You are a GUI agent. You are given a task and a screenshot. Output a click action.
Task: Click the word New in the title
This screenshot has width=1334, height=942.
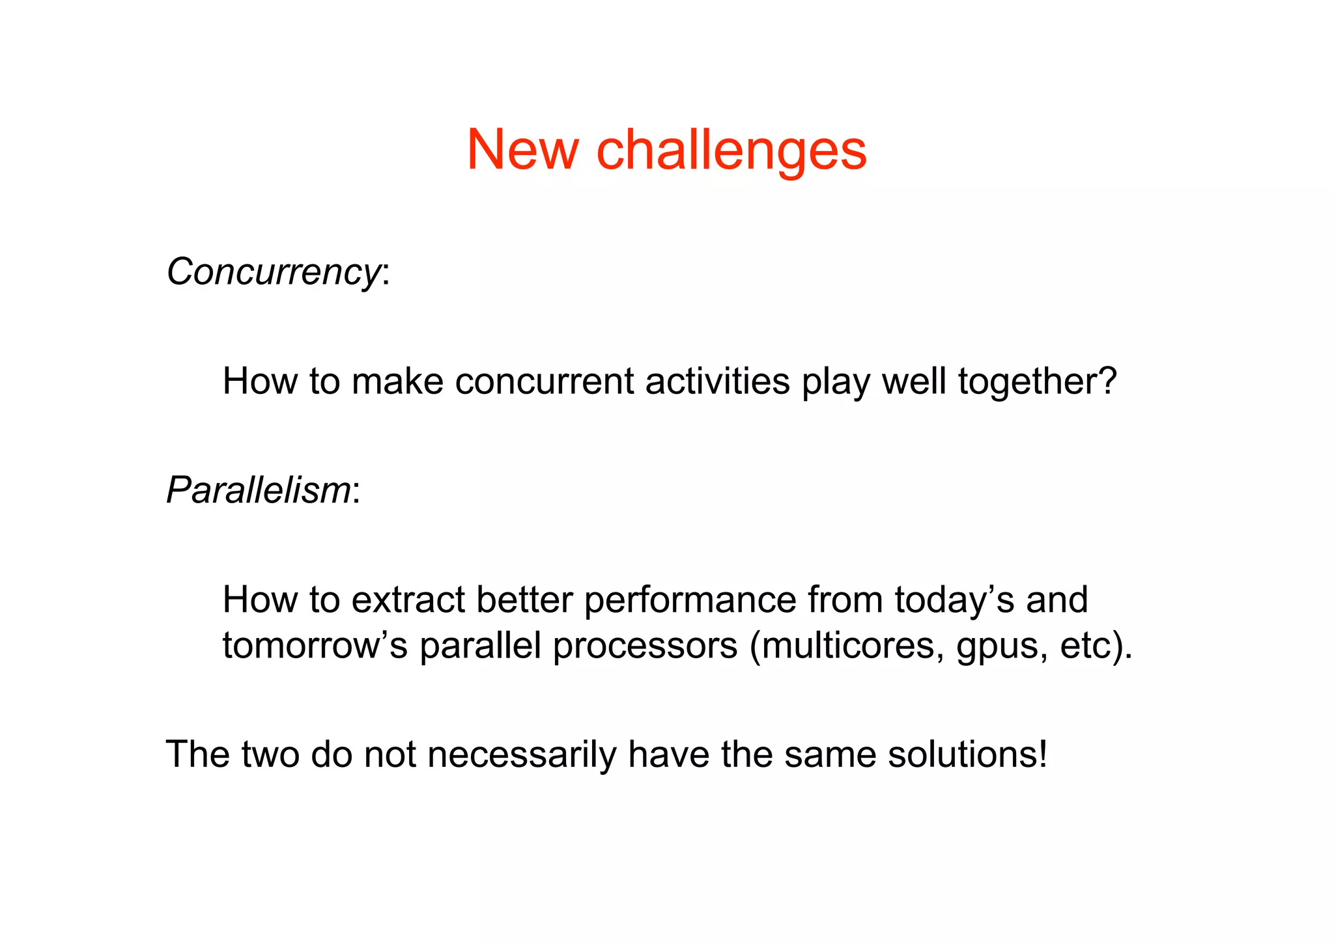pos(522,150)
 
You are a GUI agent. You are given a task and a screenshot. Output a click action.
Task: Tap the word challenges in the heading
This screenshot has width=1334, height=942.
pos(731,150)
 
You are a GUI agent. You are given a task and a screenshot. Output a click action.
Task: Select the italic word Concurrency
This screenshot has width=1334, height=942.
pos(273,271)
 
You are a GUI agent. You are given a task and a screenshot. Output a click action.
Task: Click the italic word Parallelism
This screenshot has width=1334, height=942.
pos(259,490)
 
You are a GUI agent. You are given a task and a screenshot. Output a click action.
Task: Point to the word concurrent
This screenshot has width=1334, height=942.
pos(544,381)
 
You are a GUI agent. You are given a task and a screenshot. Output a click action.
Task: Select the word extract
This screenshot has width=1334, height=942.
pos(408,600)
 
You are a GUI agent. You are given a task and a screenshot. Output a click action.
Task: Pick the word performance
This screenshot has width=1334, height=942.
pos(690,601)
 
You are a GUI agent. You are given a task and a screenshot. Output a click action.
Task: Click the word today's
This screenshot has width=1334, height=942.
pos(954,600)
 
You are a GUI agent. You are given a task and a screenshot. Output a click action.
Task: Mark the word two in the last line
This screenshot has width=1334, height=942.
pos(270,755)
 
